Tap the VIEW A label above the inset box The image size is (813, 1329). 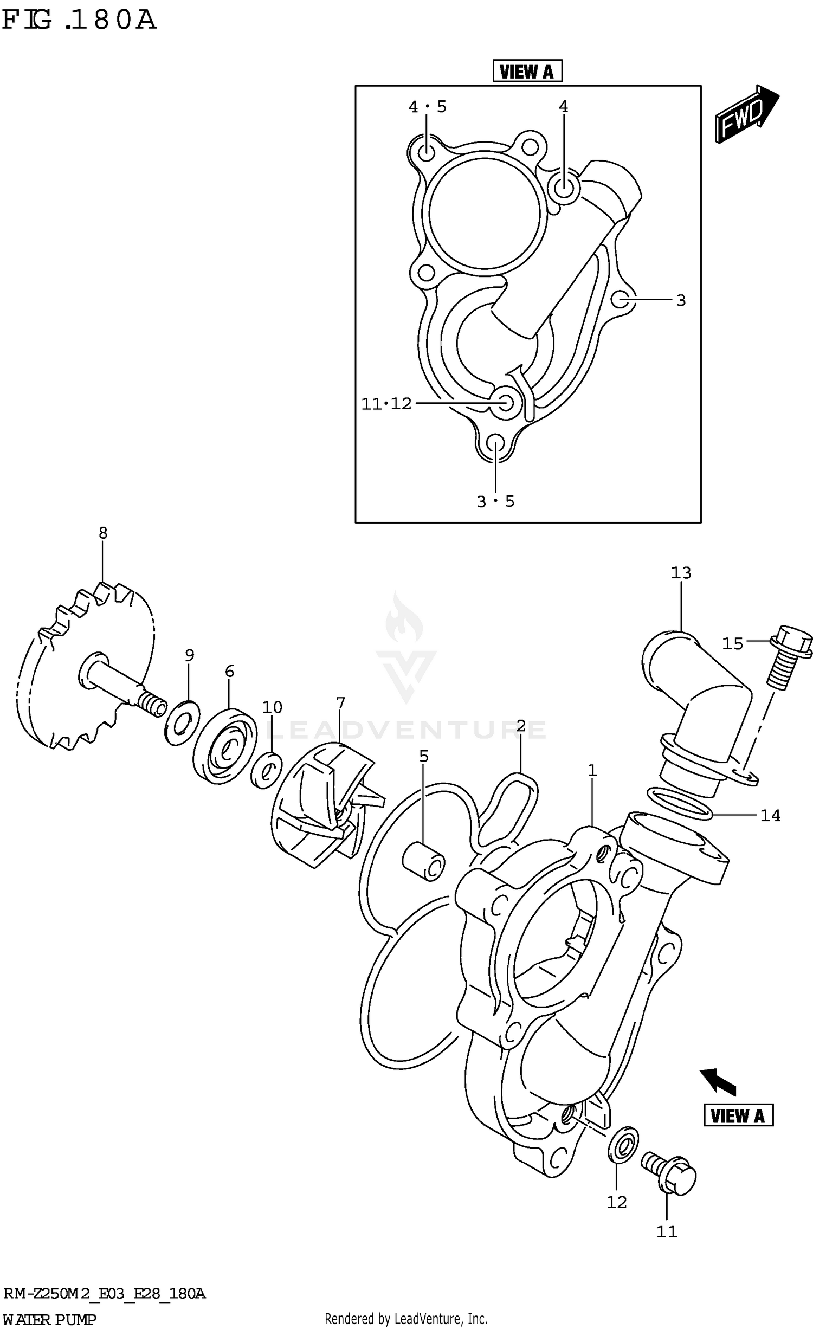tap(527, 71)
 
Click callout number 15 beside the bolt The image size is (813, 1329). tap(732, 643)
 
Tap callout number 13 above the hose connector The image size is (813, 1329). tap(681, 572)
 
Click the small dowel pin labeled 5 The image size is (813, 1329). tap(423, 861)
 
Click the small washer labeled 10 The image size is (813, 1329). tap(266, 770)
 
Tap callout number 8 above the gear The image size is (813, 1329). tap(103, 533)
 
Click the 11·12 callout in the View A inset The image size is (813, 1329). tap(386, 404)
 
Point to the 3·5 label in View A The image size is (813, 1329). tap(495, 501)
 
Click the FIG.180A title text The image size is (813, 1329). tap(79, 21)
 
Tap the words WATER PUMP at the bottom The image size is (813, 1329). tap(49, 1319)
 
